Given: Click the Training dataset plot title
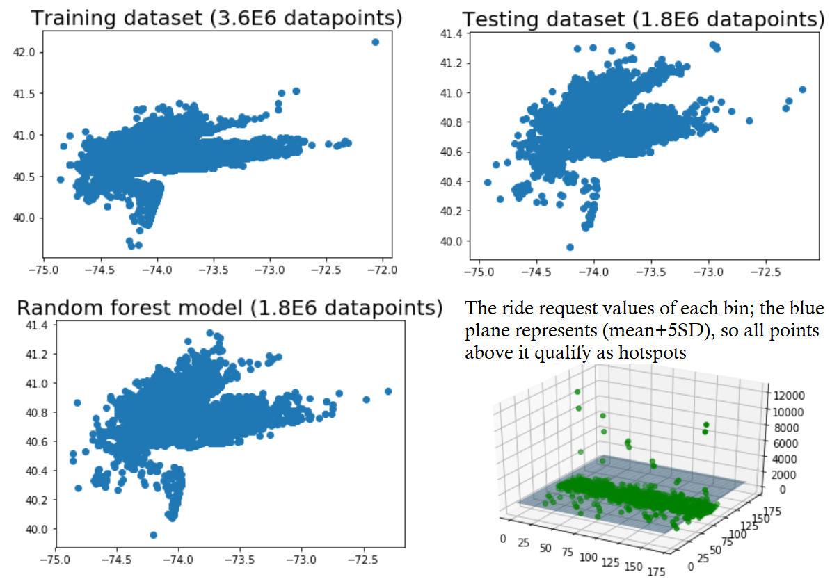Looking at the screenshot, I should (217, 18).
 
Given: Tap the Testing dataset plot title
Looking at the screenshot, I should (644, 19).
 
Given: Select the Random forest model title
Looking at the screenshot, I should (230, 307).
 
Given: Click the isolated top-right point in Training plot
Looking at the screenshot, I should (376, 42).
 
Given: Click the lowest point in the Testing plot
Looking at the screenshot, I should (570, 247).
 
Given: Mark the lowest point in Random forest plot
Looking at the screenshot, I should (153, 535).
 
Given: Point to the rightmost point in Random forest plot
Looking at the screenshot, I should (388, 391).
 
